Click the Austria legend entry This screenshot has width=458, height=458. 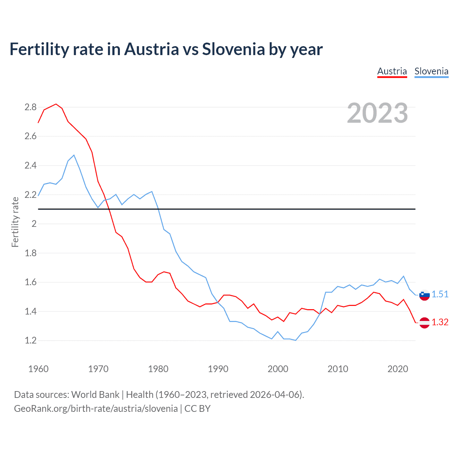[392, 71]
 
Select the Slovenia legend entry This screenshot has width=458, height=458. [431, 71]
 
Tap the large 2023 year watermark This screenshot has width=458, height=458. [377, 113]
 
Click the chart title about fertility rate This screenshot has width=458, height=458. [166, 49]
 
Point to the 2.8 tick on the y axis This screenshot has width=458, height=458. [30, 107]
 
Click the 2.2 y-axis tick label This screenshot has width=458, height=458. [30, 195]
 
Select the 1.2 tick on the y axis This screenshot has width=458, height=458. [30, 340]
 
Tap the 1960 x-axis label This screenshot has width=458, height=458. [38, 369]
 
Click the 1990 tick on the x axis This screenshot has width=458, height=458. [218, 369]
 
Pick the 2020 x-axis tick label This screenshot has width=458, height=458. [398, 369]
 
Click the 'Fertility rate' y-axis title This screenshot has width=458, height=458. [15, 222]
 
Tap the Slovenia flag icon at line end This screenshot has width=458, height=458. [424, 295]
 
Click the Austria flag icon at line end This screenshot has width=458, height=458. [424, 323]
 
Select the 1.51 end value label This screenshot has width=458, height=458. [440, 294]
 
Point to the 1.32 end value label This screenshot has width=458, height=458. [440, 322]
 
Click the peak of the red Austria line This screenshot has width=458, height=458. [56, 104]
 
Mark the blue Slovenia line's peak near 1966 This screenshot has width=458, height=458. [74, 155]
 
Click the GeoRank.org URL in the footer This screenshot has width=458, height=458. [96, 409]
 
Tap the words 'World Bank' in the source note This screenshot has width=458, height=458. [95, 395]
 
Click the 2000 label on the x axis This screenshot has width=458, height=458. [278, 369]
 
